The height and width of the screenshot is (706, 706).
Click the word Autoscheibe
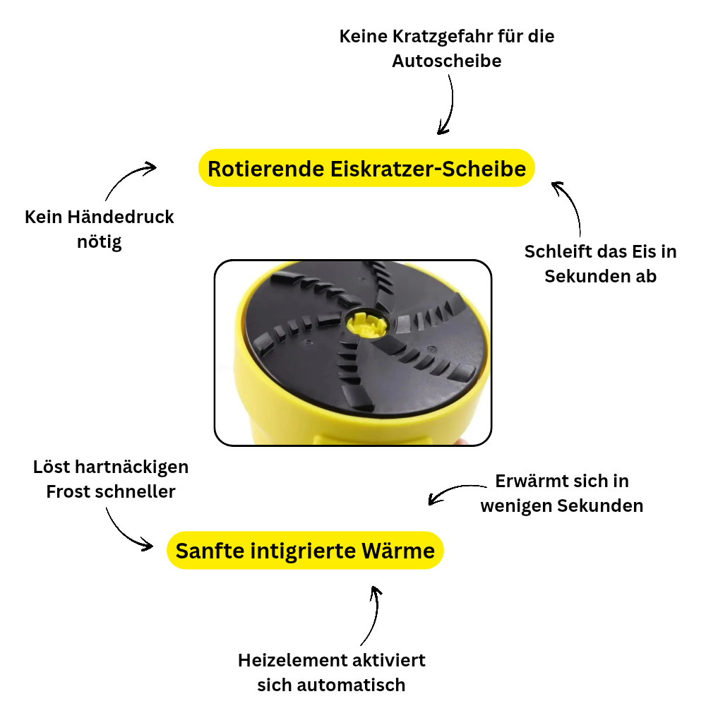(446, 61)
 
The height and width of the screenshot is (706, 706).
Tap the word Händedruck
(121, 217)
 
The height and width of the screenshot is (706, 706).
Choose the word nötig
(100, 242)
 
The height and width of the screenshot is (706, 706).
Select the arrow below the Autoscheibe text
(447, 104)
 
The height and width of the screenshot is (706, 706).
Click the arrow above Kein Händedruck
(128, 179)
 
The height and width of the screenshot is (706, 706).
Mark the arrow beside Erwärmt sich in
(455, 492)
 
